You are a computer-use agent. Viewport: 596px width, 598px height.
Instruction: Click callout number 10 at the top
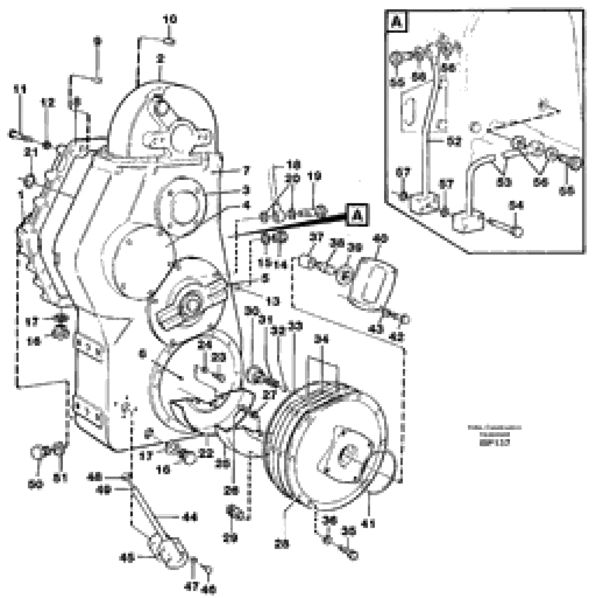170,19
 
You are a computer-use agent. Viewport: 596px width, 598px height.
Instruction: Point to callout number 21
31,152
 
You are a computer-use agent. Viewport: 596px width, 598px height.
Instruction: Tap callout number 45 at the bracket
127,559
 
